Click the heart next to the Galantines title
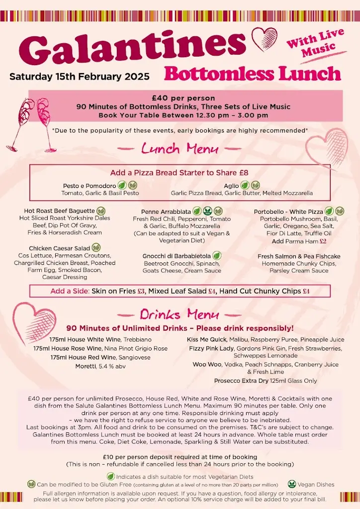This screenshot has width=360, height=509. pos(264,40)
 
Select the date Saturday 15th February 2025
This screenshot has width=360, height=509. pos(80,77)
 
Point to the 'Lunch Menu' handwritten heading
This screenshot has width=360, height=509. pos(180,148)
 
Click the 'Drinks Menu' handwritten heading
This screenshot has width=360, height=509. pos(180,314)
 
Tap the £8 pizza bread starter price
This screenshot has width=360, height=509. pos(243,173)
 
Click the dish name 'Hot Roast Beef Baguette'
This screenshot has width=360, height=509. pos(59,211)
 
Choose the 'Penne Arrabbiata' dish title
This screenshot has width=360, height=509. pos(166,212)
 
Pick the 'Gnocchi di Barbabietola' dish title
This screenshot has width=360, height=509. pos(177,256)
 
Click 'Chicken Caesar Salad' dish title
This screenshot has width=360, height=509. pos(59,248)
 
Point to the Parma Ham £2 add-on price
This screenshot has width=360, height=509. pos(323,241)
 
